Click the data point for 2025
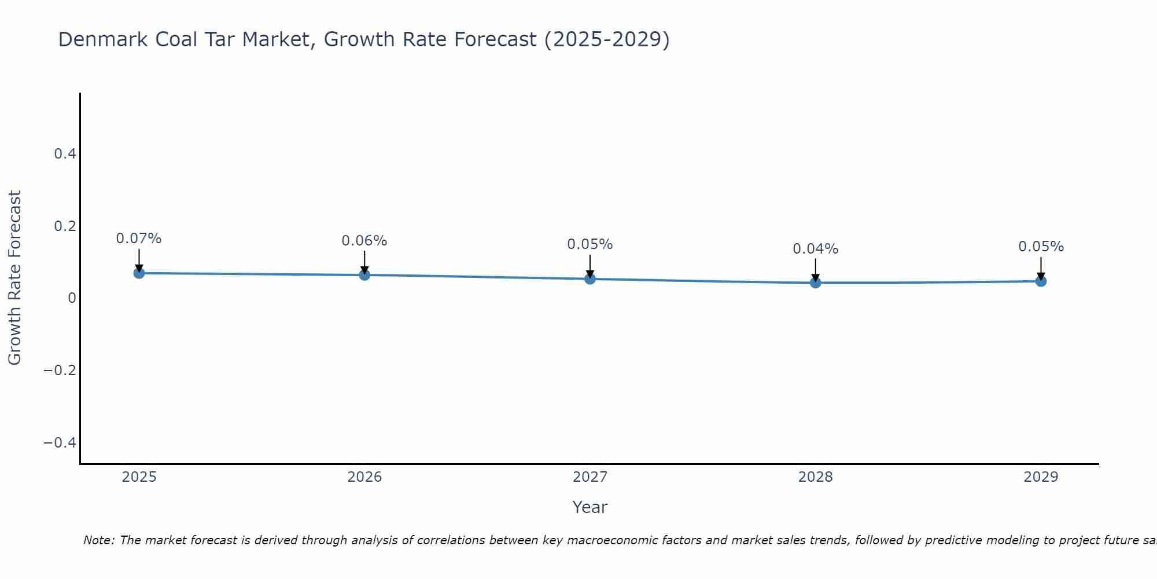(139, 273)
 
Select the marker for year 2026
(364, 274)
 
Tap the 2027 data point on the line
(590, 278)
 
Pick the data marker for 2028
(816, 283)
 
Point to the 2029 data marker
(1041, 281)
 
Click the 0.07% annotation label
(139, 239)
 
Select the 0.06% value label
(364, 241)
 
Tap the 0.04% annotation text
(816, 249)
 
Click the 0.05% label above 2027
(590, 244)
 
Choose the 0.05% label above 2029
(1041, 247)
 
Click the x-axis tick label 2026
(364, 477)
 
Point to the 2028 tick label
(816, 477)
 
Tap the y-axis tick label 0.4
(65, 154)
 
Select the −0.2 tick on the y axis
(60, 371)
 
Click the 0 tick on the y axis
(72, 298)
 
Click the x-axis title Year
(590, 507)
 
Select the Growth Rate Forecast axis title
(14, 277)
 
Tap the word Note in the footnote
(98, 540)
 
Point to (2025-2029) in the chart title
(607, 39)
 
